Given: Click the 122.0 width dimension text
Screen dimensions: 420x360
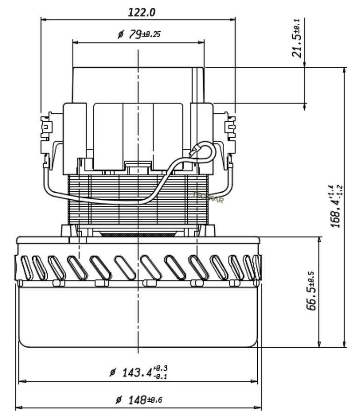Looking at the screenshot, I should click(141, 12).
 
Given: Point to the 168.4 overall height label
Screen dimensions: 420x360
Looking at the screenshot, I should click(337, 206).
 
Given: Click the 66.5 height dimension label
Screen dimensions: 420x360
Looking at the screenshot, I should click(312, 291).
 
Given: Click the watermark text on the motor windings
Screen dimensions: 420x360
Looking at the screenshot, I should click(208, 197).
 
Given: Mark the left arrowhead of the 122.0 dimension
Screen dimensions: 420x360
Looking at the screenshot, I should click(43, 20).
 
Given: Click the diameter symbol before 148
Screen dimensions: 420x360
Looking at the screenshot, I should click(119, 400).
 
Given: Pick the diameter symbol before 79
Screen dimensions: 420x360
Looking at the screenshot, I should click(120, 35).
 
